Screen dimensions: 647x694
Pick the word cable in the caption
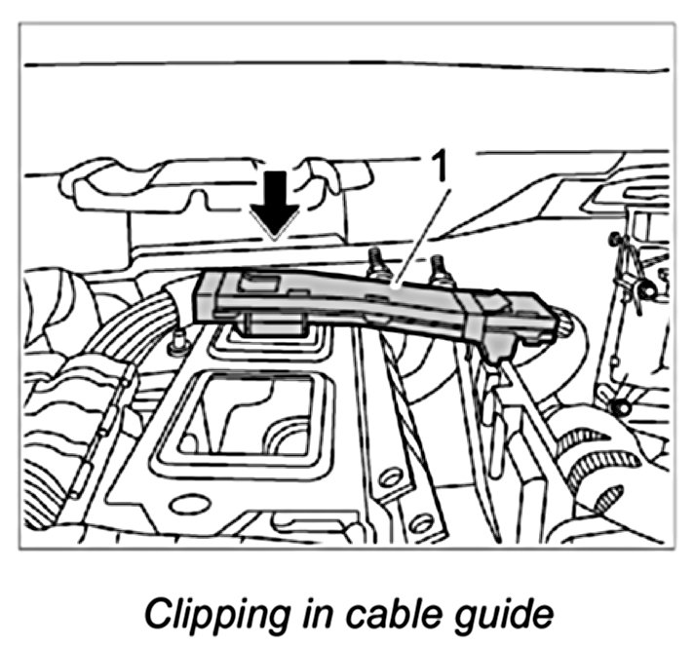(x=380, y=614)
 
